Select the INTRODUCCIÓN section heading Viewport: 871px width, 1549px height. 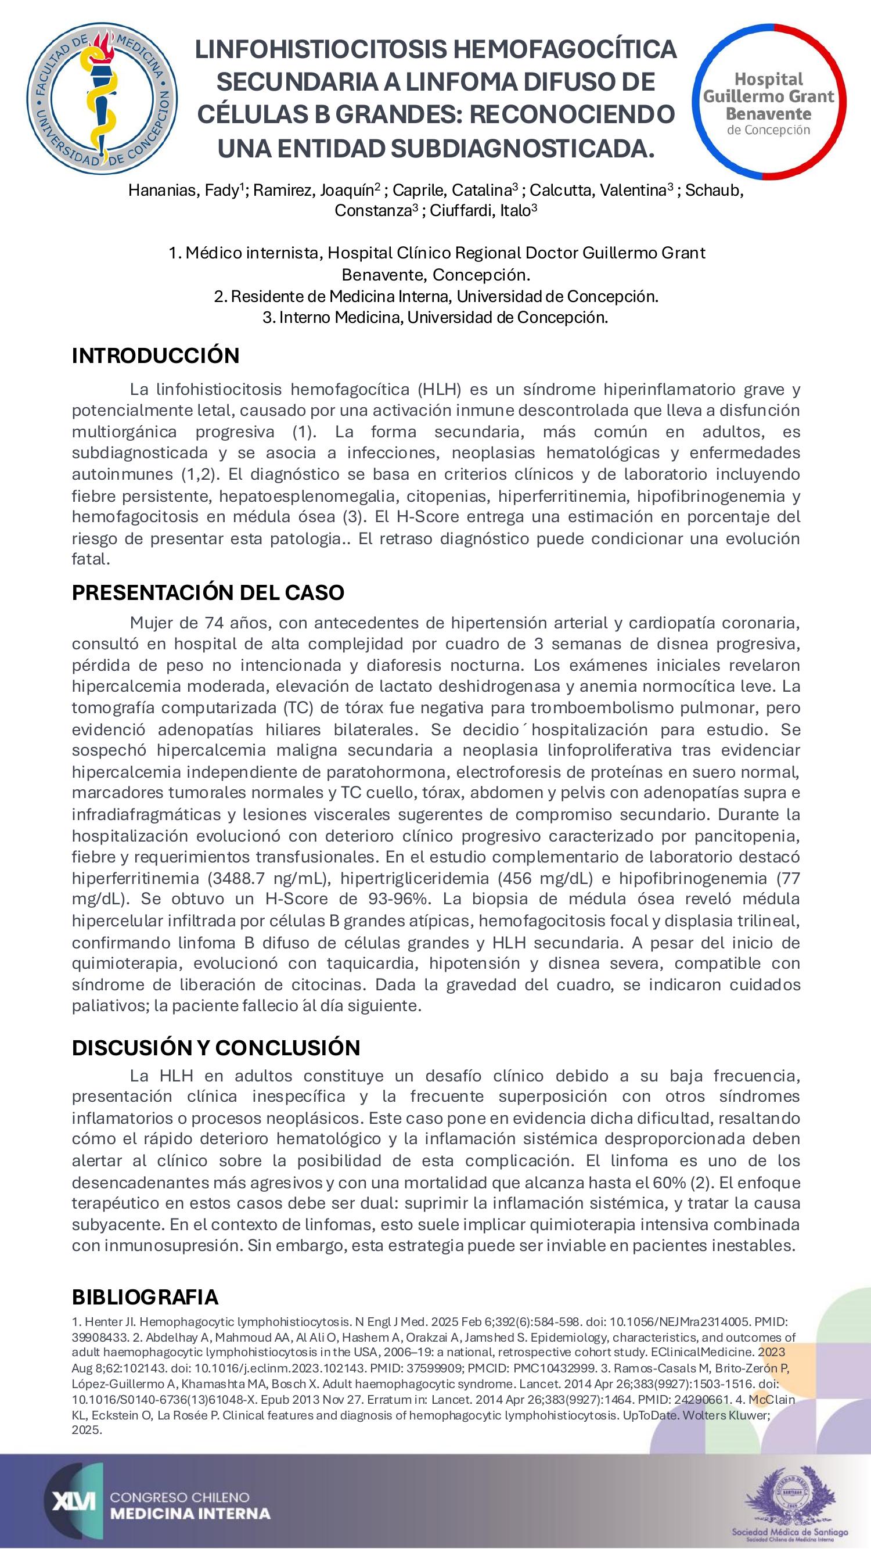coord(156,355)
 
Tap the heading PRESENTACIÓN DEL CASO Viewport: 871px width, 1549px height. coord(208,592)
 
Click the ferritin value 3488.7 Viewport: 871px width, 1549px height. coord(236,878)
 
